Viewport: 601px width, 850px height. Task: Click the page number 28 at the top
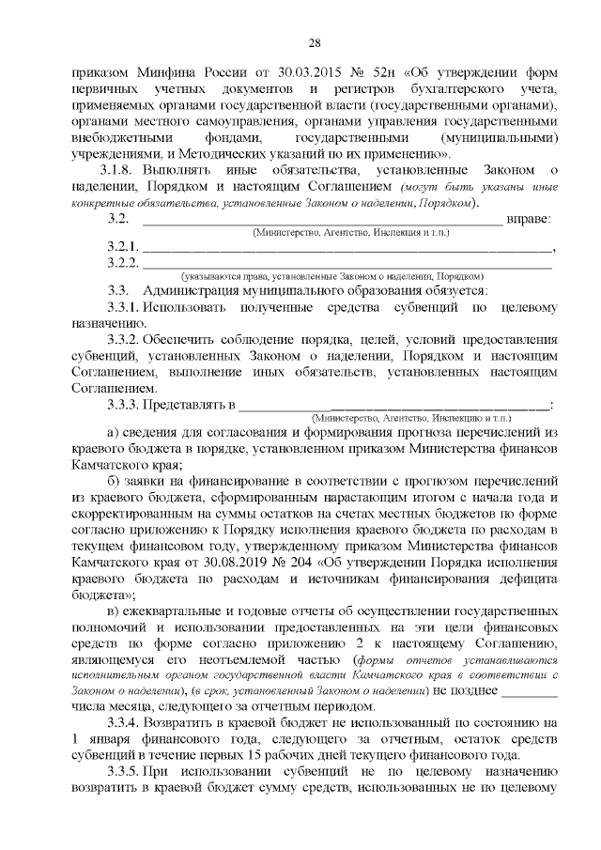coord(314,42)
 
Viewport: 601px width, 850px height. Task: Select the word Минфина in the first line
coord(151,72)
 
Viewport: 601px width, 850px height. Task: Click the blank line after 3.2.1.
coord(347,249)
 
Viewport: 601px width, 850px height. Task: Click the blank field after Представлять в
coord(394,405)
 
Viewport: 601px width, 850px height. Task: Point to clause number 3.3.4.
coord(123,723)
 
